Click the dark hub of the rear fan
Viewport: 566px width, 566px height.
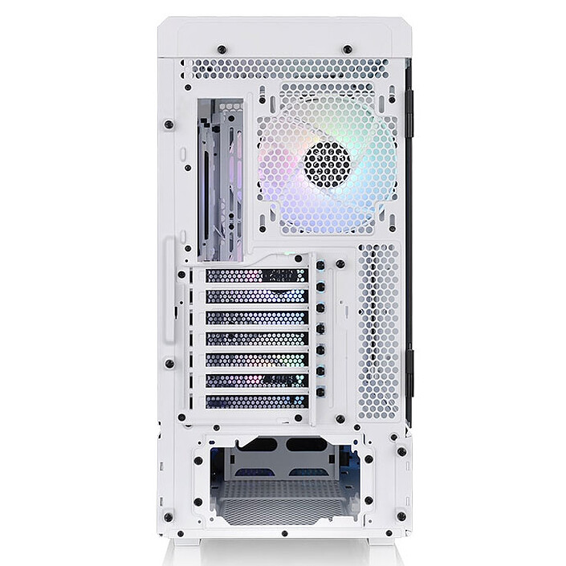pyautogui.click(x=326, y=164)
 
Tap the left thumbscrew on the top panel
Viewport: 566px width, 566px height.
pyautogui.click(x=222, y=50)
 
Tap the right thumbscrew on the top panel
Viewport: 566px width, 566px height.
pyautogui.click(x=348, y=50)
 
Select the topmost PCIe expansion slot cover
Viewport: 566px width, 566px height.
pyautogui.click(x=256, y=275)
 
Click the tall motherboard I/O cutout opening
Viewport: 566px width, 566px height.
pyautogui.click(x=220, y=180)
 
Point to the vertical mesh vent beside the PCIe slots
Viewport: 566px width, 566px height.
pyautogui.click(x=378, y=331)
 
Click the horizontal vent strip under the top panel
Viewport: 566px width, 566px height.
pyautogui.click(x=289, y=69)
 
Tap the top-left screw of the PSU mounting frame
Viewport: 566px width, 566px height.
pyautogui.click(x=197, y=459)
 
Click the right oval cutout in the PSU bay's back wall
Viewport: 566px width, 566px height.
pyautogui.click(x=306, y=444)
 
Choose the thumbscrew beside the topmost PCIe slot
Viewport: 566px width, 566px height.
pyautogui.click(x=321, y=265)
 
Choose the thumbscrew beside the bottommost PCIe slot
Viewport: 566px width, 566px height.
pyautogui.click(x=321, y=392)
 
